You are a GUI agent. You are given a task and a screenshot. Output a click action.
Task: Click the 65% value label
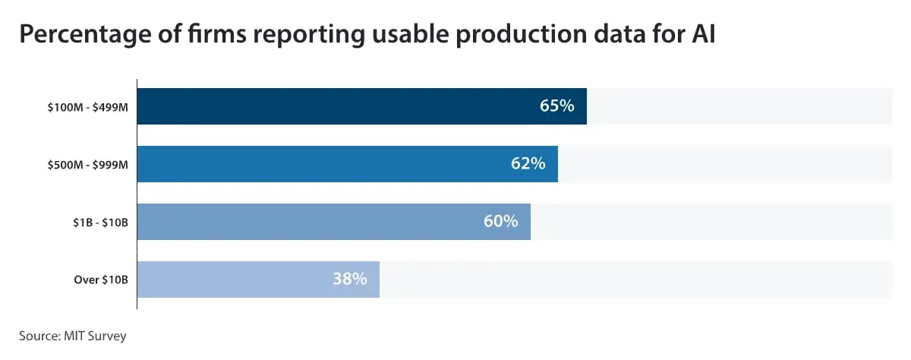[x=556, y=106]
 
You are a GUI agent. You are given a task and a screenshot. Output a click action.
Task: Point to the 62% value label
[x=528, y=164]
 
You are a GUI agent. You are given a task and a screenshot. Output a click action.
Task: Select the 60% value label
[x=500, y=222]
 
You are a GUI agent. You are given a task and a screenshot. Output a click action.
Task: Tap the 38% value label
[x=349, y=279]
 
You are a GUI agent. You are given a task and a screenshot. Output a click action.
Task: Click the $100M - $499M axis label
[x=87, y=107]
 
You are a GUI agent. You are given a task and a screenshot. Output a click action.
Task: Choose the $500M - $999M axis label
[x=87, y=165]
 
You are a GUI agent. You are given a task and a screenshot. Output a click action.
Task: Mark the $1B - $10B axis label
[x=96, y=223]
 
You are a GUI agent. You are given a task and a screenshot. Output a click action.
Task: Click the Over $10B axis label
[x=101, y=280]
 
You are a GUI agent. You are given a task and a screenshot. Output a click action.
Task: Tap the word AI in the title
[x=702, y=34]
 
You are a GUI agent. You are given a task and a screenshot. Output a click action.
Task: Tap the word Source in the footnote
[x=37, y=335]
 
